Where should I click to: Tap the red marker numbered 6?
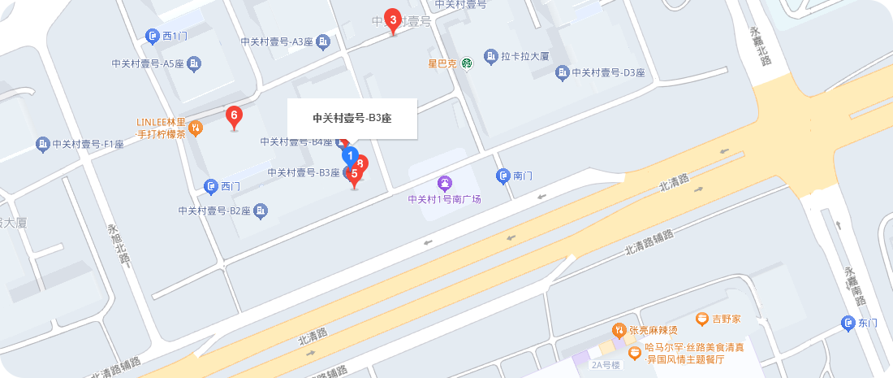[234, 116]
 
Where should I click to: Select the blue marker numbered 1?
[349, 155]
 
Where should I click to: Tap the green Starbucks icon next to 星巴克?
[467, 63]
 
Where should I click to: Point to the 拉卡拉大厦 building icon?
[490, 56]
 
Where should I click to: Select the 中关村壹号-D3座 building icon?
[562, 73]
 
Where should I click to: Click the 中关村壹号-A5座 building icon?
[194, 63]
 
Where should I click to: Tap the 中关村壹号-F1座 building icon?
[42, 145]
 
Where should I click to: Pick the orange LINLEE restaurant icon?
[195, 128]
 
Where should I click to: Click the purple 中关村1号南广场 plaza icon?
[444, 184]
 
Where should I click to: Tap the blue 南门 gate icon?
[503, 176]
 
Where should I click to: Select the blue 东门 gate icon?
[847, 324]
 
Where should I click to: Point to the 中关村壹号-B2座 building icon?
[261, 211]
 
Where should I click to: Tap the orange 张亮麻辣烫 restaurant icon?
[619, 330]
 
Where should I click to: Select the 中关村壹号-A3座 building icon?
[323, 41]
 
